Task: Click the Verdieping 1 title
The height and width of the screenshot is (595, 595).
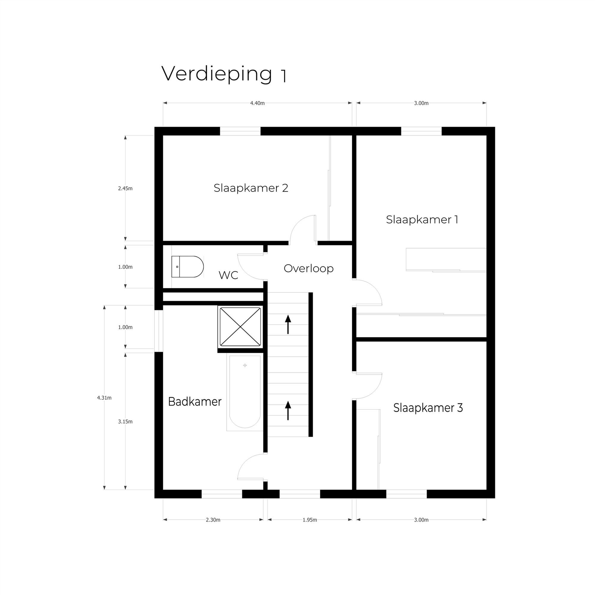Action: pyautogui.click(x=224, y=74)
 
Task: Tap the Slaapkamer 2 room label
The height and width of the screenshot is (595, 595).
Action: pyautogui.click(x=251, y=188)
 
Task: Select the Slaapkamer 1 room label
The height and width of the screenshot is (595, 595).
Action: pyautogui.click(x=422, y=220)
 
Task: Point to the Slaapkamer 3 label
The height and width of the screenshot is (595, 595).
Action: pyautogui.click(x=428, y=408)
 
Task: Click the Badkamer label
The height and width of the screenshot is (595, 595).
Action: pyautogui.click(x=195, y=402)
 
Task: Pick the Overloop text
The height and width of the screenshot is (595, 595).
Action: pyautogui.click(x=308, y=268)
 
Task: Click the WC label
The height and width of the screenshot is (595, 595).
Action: pyautogui.click(x=228, y=275)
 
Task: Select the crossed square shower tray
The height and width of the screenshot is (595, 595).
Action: pyautogui.click(x=240, y=327)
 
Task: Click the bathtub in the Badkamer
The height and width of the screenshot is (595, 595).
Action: pyautogui.click(x=245, y=391)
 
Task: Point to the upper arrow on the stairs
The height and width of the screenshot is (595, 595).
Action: pyautogui.click(x=288, y=324)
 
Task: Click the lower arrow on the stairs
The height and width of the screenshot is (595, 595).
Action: pyautogui.click(x=288, y=410)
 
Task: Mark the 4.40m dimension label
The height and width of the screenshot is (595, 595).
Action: pyautogui.click(x=257, y=103)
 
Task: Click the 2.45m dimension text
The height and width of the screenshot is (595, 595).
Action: pyautogui.click(x=125, y=189)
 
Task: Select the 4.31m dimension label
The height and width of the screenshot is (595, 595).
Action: pyautogui.click(x=104, y=397)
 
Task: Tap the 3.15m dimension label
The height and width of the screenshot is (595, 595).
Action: pyautogui.click(x=125, y=422)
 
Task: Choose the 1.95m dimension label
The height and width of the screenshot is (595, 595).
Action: pyautogui.click(x=309, y=520)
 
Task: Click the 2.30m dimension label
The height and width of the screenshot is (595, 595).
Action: pyautogui.click(x=213, y=520)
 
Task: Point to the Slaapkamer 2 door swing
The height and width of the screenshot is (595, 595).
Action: pyautogui.click(x=302, y=228)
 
